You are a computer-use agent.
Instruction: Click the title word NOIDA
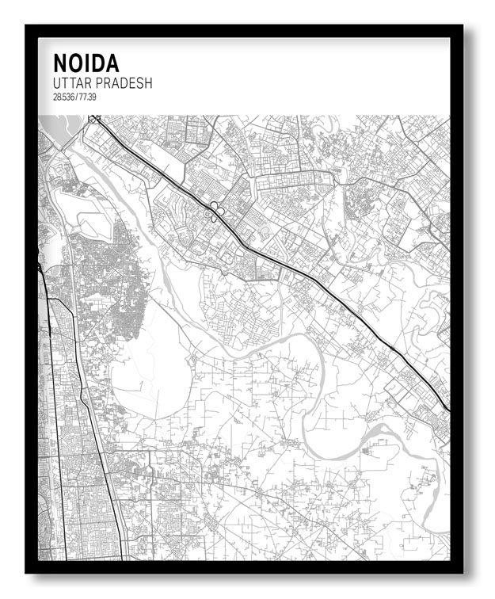coord(85,64)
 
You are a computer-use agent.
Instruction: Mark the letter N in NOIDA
coord(59,64)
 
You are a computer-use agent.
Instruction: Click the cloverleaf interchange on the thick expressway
coord(216,208)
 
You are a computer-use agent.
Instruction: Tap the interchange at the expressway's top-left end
coord(95,120)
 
